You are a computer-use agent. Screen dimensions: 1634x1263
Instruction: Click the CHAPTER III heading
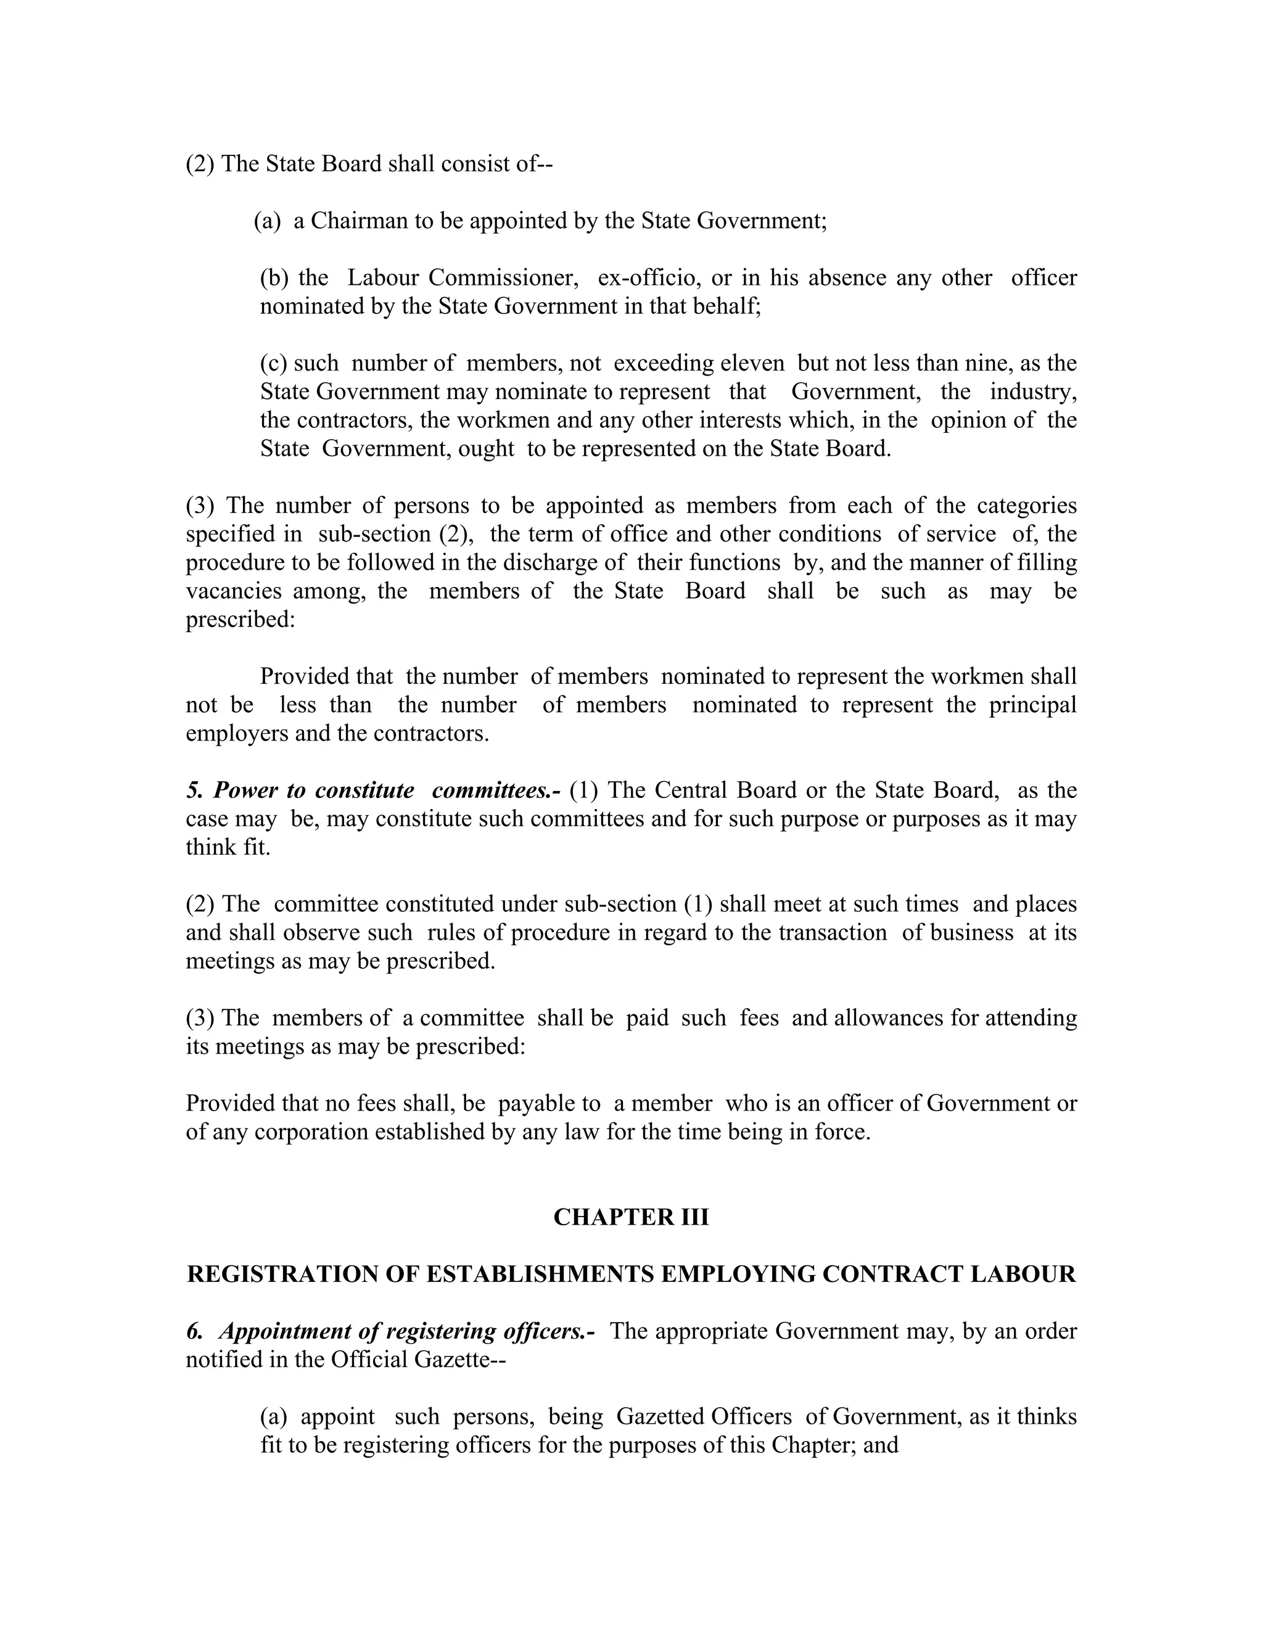[x=631, y=1217]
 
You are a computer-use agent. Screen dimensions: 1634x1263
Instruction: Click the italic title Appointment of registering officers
[x=406, y=1331]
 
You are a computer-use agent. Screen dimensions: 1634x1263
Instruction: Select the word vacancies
[x=234, y=591]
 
